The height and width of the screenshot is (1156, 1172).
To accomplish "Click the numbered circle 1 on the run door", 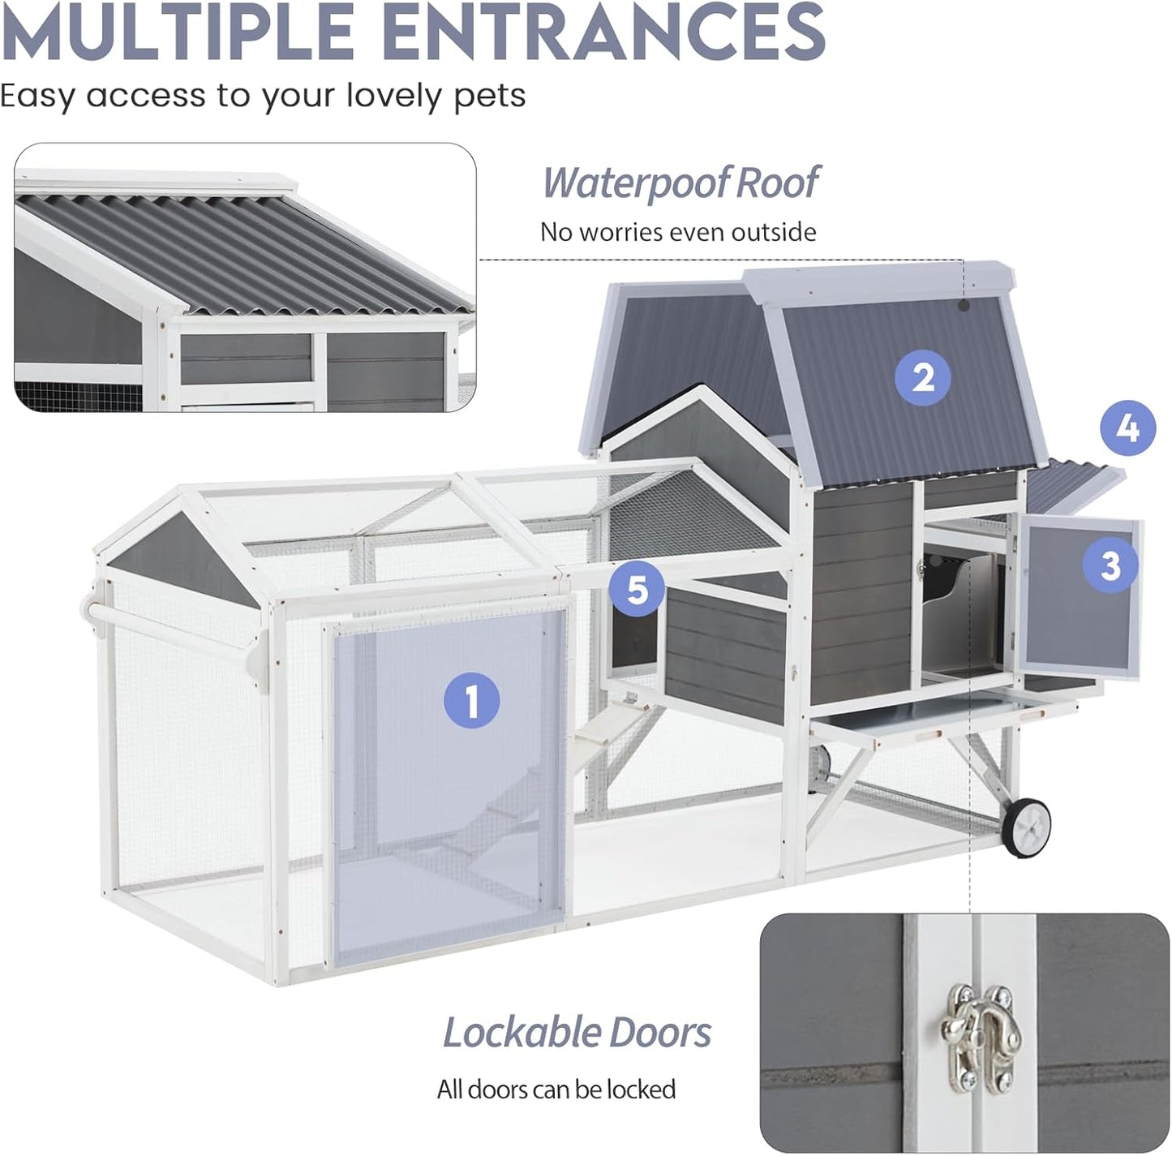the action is pyautogui.click(x=471, y=700).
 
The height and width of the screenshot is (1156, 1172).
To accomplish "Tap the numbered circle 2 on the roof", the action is pyautogui.click(x=923, y=378).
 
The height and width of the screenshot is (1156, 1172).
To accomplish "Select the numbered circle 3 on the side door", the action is pyautogui.click(x=1110, y=565).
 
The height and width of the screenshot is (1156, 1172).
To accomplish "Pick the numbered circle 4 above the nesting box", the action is pyautogui.click(x=1128, y=428).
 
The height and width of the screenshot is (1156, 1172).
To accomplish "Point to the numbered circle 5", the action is pyautogui.click(x=638, y=590).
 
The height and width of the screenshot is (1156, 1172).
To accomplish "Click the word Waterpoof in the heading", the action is pyautogui.click(x=634, y=183).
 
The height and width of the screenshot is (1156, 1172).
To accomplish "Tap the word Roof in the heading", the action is pyautogui.click(x=778, y=182).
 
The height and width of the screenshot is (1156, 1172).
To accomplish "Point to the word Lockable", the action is pyautogui.click(x=522, y=1033).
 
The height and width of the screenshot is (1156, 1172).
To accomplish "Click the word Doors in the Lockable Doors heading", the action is pyautogui.click(x=660, y=1033).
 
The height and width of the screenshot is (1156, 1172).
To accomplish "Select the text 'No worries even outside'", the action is pyautogui.click(x=678, y=232).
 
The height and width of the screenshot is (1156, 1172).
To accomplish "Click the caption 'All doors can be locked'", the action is pyautogui.click(x=556, y=1089).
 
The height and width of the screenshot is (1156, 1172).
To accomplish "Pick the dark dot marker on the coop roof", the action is pyautogui.click(x=964, y=305).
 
